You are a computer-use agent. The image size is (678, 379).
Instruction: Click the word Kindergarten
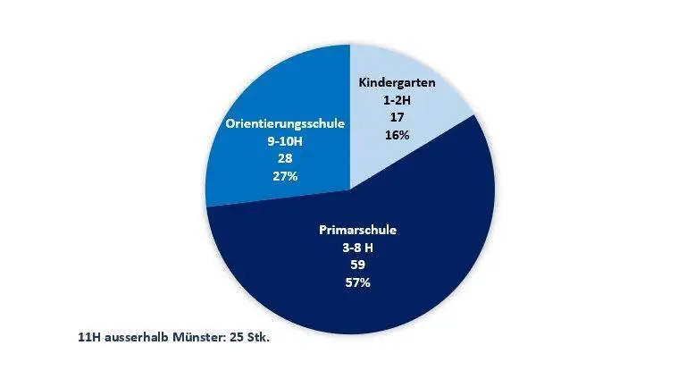(397, 82)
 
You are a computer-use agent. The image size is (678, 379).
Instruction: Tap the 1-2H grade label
(397, 99)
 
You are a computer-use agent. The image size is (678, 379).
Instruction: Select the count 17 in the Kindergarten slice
(397, 116)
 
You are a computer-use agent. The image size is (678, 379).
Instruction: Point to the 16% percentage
(397, 134)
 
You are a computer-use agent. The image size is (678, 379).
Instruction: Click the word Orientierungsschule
(285, 123)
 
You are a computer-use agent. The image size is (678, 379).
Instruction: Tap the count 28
(285, 158)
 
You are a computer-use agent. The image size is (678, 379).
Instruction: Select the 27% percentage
(285, 175)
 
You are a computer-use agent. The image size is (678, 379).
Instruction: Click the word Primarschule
(357, 230)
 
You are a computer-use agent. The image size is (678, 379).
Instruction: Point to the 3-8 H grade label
(357, 248)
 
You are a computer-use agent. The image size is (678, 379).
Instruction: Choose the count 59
(357, 265)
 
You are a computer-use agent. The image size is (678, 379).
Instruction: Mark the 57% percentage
(357, 282)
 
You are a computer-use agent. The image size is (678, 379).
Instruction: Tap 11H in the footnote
(89, 338)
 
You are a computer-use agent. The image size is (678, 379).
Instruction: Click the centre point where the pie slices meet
(351, 189)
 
